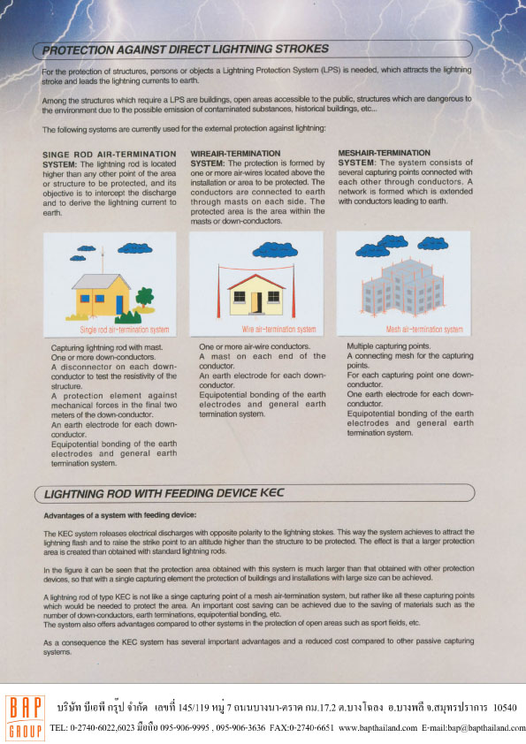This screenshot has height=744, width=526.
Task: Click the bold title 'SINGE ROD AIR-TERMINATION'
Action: tap(95, 154)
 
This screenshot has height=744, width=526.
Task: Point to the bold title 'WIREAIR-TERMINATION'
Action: tap(235, 154)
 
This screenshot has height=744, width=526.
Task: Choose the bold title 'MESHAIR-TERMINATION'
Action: tap(385, 153)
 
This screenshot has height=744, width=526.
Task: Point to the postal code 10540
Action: tap(506, 709)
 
